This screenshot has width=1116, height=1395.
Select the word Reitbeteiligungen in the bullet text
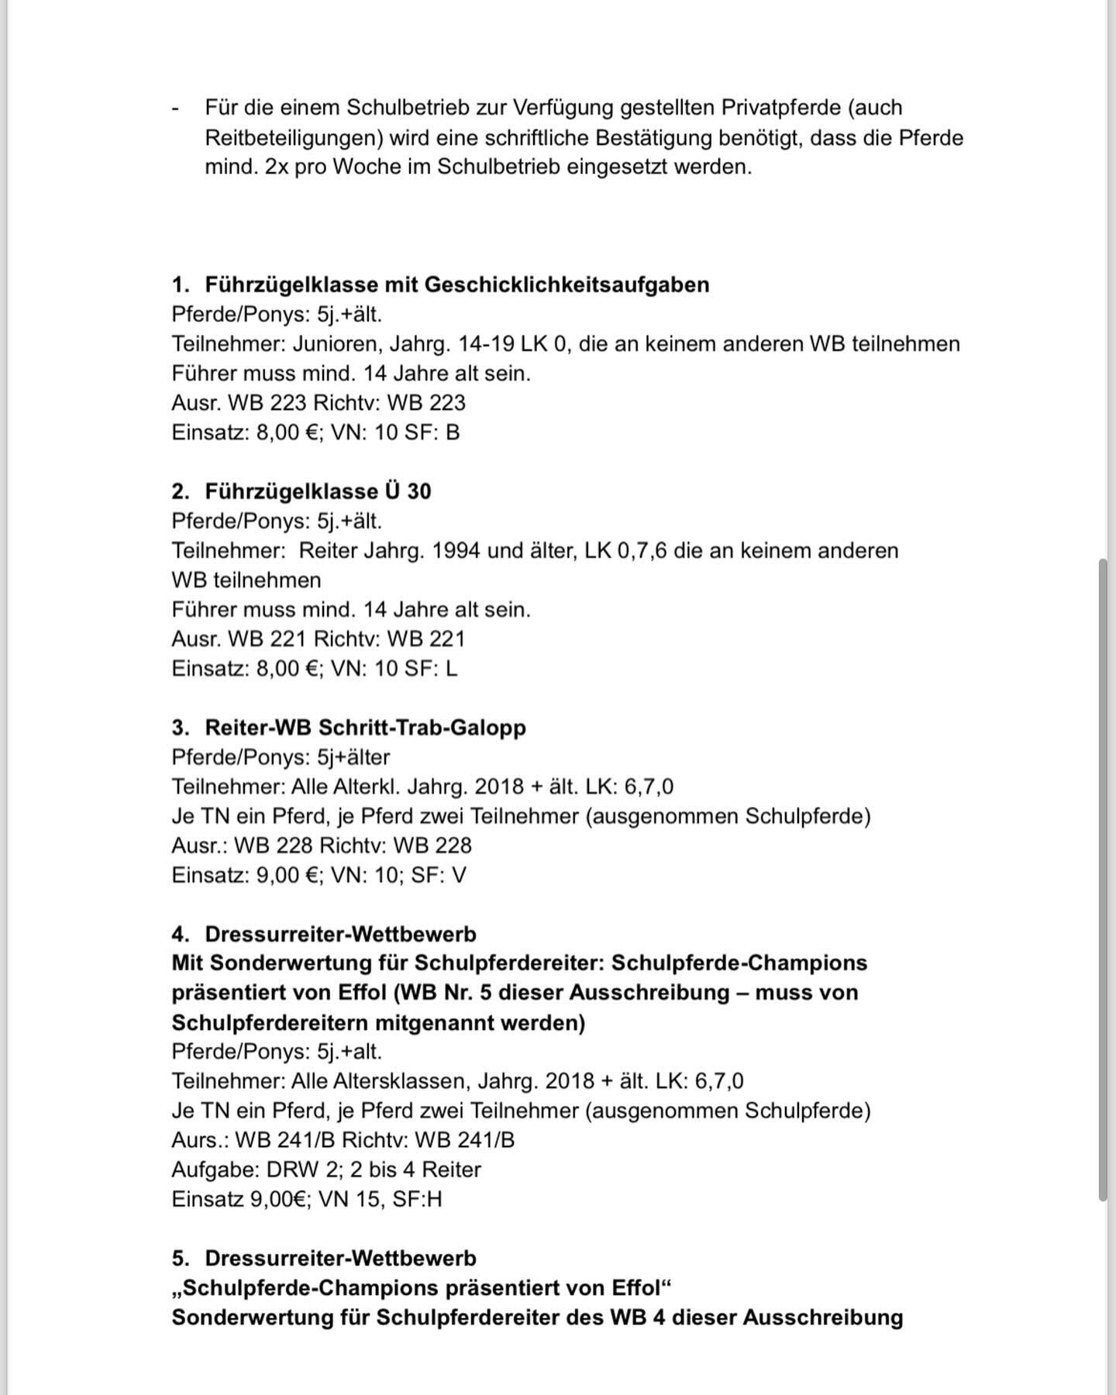(294, 137)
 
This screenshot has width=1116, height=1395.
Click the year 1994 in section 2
(458, 551)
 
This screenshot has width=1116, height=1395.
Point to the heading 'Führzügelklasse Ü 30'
(318, 491)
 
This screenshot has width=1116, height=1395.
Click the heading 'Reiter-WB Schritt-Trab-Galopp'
(365, 728)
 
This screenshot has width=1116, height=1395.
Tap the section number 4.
(179, 935)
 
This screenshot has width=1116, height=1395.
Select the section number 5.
(179, 1259)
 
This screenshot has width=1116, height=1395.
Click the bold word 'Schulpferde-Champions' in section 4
(739, 963)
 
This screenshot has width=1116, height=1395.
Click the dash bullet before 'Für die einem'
(176, 108)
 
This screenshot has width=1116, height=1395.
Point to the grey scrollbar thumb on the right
(1103, 880)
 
